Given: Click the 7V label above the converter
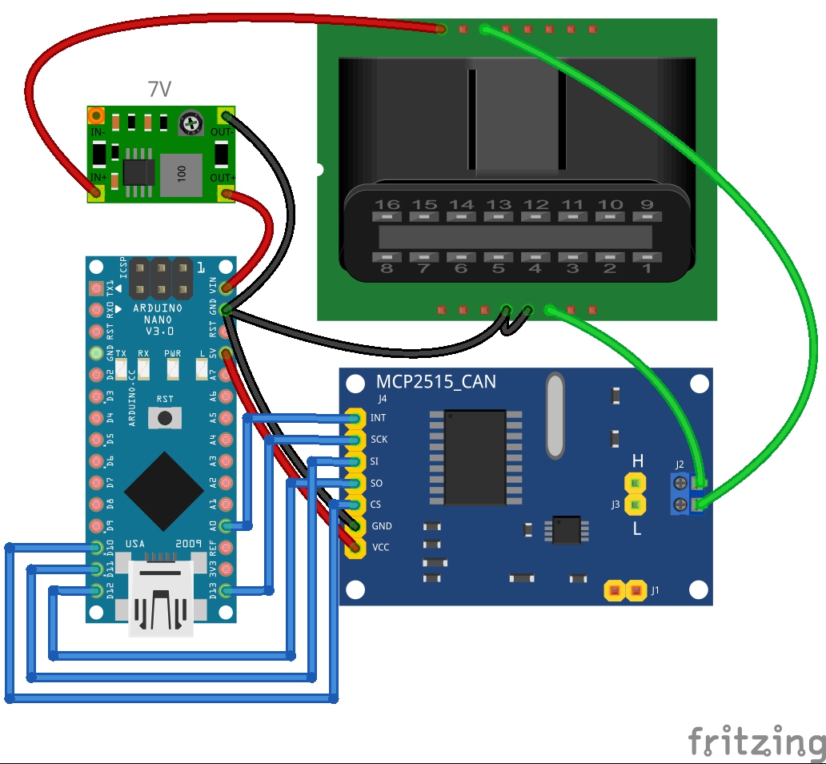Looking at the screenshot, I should (159, 90).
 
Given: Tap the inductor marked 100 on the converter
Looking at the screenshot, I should (182, 175).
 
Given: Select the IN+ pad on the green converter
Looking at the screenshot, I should (97, 191).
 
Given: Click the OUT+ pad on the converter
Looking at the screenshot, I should (227, 192).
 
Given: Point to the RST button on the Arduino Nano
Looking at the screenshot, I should (166, 416).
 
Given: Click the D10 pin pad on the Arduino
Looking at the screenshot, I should (97, 548).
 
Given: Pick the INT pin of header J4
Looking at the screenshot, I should (353, 418).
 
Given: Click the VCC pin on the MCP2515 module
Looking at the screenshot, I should (353, 548).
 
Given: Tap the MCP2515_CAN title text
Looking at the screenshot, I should (436, 382).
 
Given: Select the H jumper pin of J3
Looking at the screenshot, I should (636, 483).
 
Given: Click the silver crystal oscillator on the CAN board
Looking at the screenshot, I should (554, 417).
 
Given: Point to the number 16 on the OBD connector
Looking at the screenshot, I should (387, 205).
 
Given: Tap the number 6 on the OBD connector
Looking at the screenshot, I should (461, 268).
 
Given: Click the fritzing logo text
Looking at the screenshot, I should (756, 742).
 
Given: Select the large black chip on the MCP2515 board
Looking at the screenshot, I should (475, 457).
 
